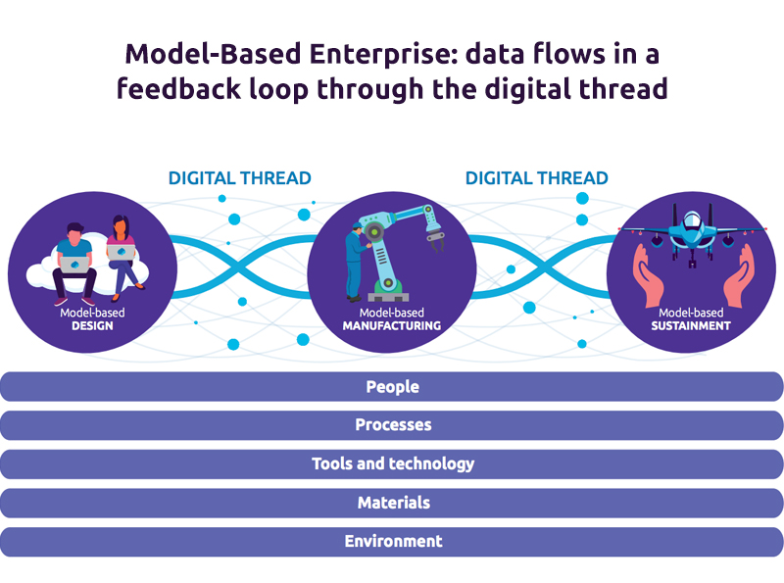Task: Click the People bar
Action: point(392,387)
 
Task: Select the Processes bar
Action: point(392,425)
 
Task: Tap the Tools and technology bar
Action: point(392,463)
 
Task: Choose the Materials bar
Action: point(392,503)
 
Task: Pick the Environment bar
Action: point(392,541)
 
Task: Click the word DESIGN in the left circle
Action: point(92,326)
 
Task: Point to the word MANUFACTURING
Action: point(392,326)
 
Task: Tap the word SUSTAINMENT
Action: point(691,326)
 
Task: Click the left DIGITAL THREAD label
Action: point(240,178)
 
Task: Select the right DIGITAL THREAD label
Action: point(537,178)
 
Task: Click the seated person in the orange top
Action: point(122,251)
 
